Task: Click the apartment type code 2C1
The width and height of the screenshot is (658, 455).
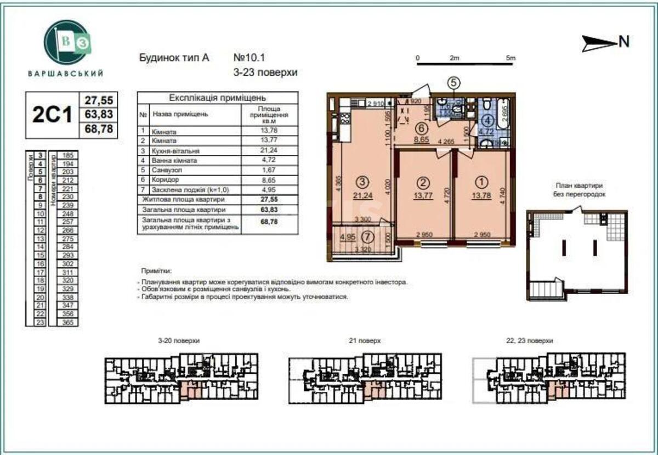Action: (53, 115)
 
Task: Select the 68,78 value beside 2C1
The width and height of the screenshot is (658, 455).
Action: (99, 130)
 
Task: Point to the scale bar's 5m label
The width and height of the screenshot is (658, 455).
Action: (510, 58)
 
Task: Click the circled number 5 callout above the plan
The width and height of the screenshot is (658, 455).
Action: (453, 82)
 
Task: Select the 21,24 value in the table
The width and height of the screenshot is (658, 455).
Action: (269, 150)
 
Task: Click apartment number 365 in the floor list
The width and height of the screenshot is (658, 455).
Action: (69, 323)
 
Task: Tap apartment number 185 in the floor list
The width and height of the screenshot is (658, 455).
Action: (69, 156)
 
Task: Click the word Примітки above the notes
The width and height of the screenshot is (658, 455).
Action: (156, 271)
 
